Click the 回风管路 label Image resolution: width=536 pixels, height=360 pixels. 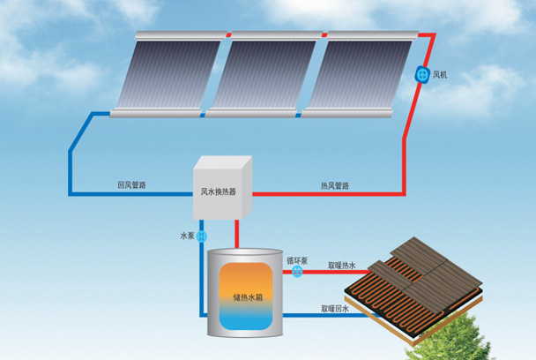click(x=131, y=185)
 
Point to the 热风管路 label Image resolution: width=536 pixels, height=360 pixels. click(x=334, y=185)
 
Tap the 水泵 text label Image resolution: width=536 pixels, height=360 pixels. click(x=186, y=236)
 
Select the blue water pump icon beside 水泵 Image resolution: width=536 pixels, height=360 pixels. click(x=202, y=236)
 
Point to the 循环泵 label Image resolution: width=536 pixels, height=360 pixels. click(x=297, y=260)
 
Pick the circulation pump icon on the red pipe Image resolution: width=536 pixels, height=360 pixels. click(x=297, y=272)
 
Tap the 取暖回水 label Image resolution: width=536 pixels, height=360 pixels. click(x=335, y=308)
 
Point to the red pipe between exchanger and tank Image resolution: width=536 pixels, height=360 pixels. click(x=236, y=232)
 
